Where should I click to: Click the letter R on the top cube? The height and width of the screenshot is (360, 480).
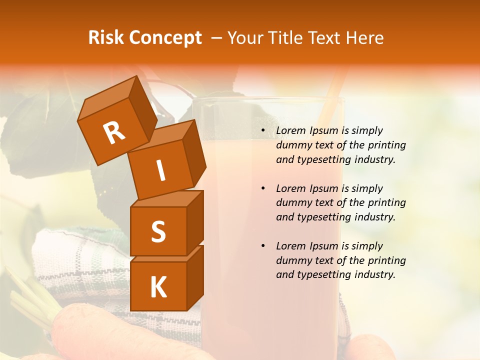(x=114, y=133)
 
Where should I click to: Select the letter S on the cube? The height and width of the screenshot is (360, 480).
(x=158, y=231)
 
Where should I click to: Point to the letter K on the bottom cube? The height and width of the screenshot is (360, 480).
(x=158, y=287)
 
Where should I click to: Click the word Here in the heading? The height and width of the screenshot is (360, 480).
(x=365, y=38)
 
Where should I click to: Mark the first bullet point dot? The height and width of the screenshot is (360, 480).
(x=263, y=131)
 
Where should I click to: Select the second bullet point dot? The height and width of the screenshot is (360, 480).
(x=263, y=189)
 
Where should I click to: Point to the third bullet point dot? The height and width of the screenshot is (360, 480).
(x=263, y=246)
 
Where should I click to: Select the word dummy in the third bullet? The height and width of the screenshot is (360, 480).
(x=292, y=260)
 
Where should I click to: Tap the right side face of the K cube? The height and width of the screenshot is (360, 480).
(x=195, y=277)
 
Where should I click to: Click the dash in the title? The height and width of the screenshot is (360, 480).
(x=217, y=38)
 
